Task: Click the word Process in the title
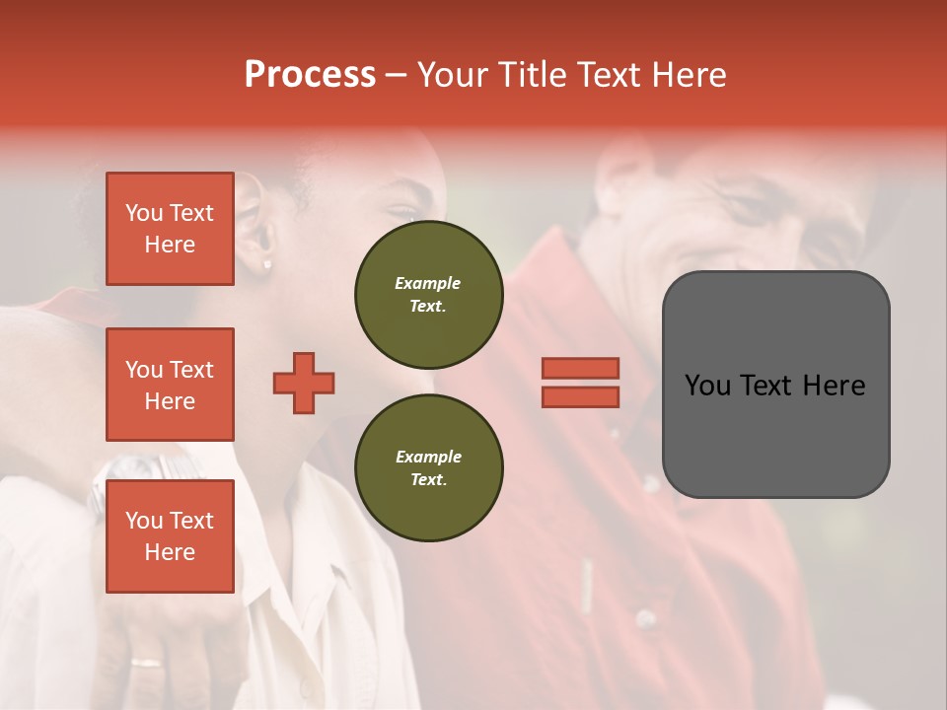coord(310,75)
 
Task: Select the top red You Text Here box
coord(170,229)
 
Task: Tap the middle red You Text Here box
coord(170,385)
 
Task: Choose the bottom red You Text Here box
coord(170,536)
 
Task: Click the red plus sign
coord(304,383)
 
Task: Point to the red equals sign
coord(580,383)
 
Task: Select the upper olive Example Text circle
coord(428,294)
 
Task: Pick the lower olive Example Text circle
coord(428,467)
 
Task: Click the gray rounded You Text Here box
coord(775,385)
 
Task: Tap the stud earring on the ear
coord(266,264)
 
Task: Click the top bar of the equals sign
coord(580,368)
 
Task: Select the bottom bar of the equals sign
coord(580,397)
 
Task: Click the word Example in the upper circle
coord(428,283)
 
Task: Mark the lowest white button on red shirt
coord(645,618)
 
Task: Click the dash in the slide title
coord(397,75)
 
